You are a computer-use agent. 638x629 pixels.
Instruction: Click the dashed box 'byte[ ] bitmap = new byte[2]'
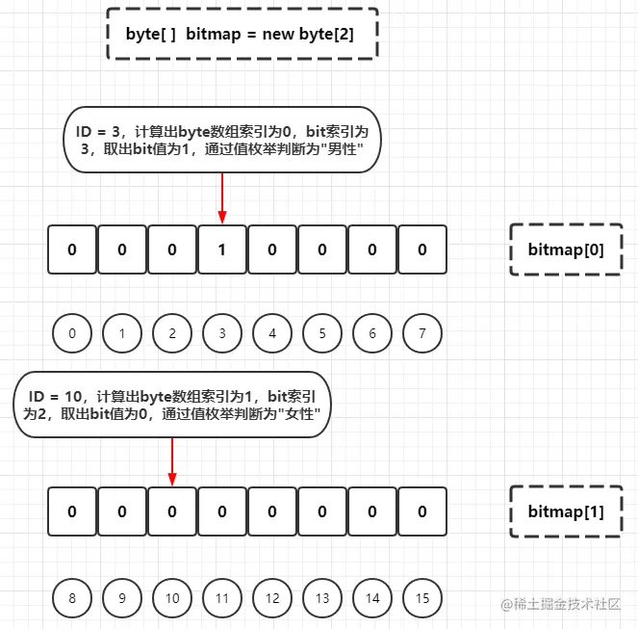pyautogui.click(x=242, y=34)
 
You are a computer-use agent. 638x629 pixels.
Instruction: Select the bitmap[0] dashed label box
pyautogui.click(x=566, y=249)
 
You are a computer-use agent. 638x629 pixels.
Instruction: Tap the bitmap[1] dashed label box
pyautogui.click(x=566, y=511)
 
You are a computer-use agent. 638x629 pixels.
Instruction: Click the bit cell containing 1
pyautogui.click(x=222, y=249)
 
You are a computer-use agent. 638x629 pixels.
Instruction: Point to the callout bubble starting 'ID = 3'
pyautogui.click(x=222, y=140)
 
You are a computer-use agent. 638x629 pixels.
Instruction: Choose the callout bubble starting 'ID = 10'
pyautogui.click(x=172, y=405)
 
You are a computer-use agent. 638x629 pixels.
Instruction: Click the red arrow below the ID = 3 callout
pyautogui.click(x=222, y=198)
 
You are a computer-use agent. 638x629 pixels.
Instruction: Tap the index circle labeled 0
pyautogui.click(x=72, y=333)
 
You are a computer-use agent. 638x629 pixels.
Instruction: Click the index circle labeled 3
pyautogui.click(x=222, y=333)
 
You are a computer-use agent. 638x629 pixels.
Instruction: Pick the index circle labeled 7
pyautogui.click(x=422, y=333)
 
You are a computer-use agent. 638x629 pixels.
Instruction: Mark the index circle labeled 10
pyautogui.click(x=172, y=598)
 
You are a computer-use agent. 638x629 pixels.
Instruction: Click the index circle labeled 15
pyautogui.click(x=422, y=598)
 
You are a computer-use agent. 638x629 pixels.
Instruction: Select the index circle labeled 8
pyautogui.click(x=72, y=598)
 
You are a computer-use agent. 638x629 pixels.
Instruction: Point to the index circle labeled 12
pyautogui.click(x=272, y=598)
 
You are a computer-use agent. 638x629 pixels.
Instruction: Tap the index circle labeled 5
pyautogui.click(x=322, y=333)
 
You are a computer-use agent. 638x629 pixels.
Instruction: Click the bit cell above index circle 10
pyautogui.click(x=172, y=511)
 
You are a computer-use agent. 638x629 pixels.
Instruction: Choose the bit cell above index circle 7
pyautogui.click(x=422, y=249)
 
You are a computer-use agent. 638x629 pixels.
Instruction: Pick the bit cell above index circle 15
pyautogui.click(x=422, y=511)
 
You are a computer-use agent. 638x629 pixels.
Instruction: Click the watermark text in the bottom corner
pyautogui.click(x=560, y=604)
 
